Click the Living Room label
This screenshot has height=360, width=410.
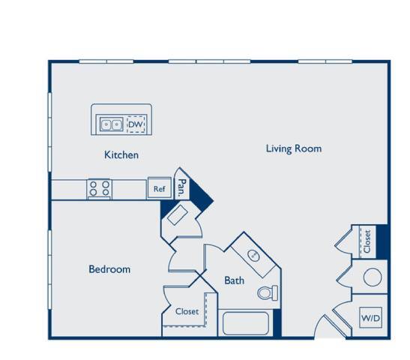click(x=294, y=148)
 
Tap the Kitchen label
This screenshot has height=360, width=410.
click(x=121, y=155)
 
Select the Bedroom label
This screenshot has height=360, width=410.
click(x=109, y=269)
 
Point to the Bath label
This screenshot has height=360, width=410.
click(x=234, y=280)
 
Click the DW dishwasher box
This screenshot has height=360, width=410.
click(x=136, y=123)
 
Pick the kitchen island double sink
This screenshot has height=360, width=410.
click(x=112, y=123)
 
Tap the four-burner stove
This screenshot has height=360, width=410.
click(x=99, y=188)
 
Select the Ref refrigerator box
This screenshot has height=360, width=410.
click(x=159, y=189)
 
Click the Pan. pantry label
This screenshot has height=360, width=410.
click(x=182, y=187)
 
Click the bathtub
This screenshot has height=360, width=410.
click(x=247, y=324)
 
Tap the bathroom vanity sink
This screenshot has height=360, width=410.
click(x=255, y=255)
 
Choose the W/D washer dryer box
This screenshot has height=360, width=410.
click(x=371, y=319)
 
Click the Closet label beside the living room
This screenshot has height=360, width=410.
click(x=367, y=241)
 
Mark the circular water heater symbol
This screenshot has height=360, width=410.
click(x=373, y=277)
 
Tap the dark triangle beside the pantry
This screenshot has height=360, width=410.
click(x=202, y=197)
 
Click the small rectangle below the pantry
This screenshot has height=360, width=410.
click(x=178, y=217)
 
